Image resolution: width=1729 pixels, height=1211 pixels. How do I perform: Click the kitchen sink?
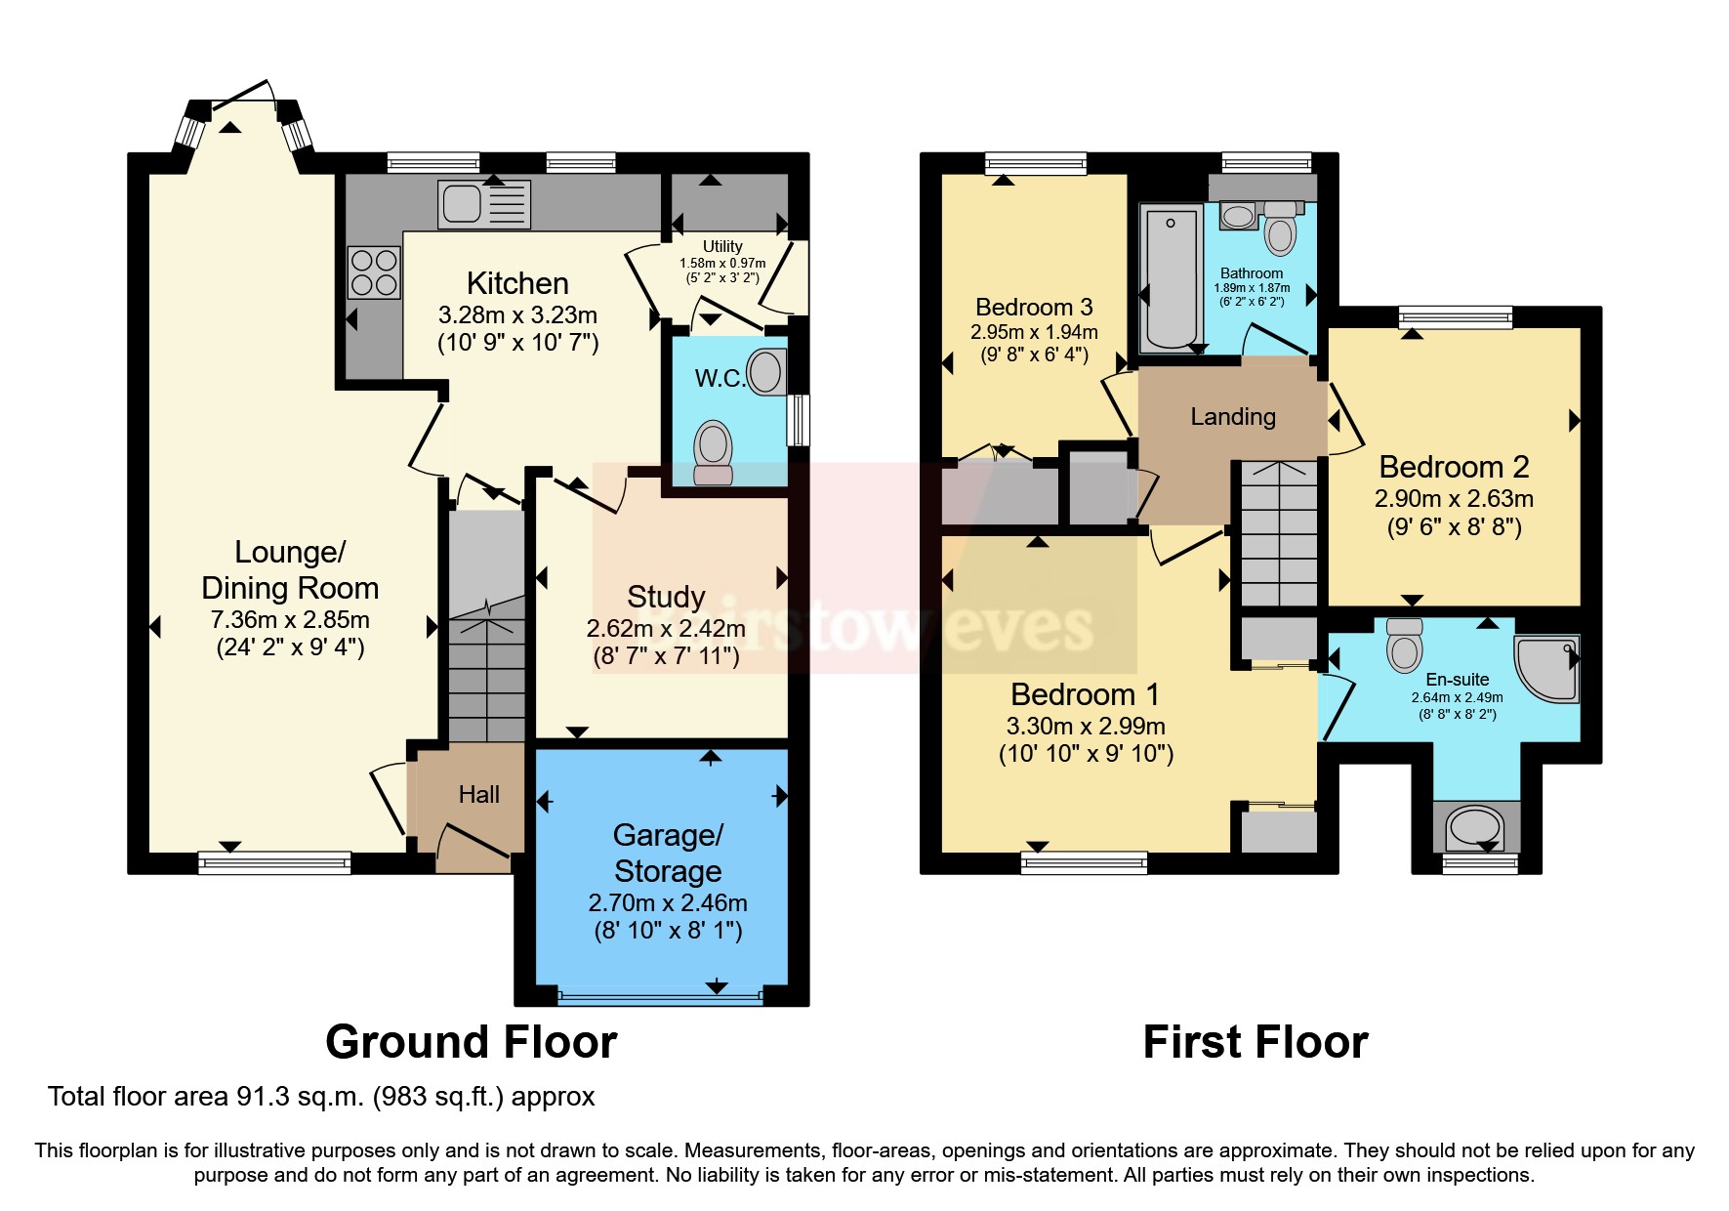coord(483,204)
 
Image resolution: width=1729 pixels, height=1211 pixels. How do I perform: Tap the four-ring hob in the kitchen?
coord(374,272)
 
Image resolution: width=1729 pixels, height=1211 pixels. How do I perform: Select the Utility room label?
coord(722,247)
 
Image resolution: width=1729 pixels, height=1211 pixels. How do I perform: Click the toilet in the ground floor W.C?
coord(714,452)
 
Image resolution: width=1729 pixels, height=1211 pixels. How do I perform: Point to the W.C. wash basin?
coord(766,372)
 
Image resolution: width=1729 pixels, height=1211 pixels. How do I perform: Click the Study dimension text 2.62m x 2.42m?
coord(666,629)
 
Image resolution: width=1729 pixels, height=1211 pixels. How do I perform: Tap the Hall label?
coord(478,795)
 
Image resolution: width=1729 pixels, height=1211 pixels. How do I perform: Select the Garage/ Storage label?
coord(668,853)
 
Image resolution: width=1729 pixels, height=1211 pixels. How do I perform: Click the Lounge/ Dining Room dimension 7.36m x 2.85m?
coord(290,620)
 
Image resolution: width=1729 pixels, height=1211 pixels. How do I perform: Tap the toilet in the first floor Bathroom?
coord(1280,230)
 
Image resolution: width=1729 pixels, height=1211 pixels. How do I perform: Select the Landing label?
coord(1233,417)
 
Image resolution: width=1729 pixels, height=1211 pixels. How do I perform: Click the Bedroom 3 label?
coord(1034,308)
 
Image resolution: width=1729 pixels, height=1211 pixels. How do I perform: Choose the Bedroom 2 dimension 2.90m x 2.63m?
coord(1454,499)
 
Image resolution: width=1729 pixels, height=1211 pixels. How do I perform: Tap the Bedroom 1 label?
coord(1085,694)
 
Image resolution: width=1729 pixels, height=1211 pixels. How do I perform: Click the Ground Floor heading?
coord(471,1042)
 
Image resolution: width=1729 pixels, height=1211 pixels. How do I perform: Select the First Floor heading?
coord(1255,1042)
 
